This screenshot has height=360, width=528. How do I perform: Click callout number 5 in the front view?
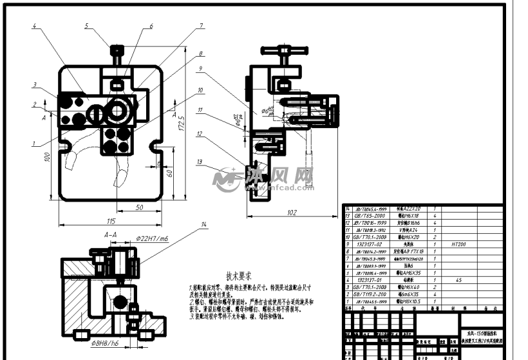[x=86, y=26]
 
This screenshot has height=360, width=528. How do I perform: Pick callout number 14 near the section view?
[x=204, y=224]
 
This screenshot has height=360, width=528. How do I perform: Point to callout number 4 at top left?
[x=35, y=26]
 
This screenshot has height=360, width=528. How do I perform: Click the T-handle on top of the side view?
[x=276, y=50]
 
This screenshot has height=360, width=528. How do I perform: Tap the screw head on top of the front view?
[x=117, y=50]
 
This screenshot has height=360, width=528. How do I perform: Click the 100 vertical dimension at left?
[x=47, y=156]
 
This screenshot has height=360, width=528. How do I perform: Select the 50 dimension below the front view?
[x=140, y=207]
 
